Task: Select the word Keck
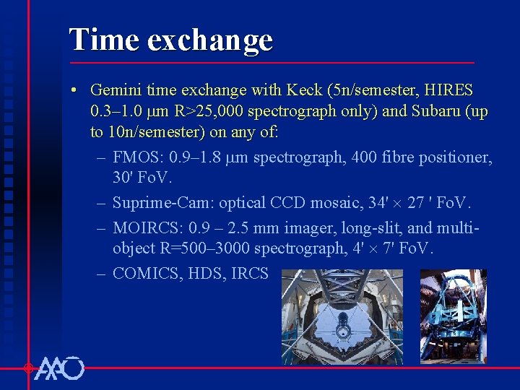(305, 91)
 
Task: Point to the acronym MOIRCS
(147, 228)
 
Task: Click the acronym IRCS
(251, 274)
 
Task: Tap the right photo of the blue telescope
(453, 317)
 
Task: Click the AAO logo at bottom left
(59, 368)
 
